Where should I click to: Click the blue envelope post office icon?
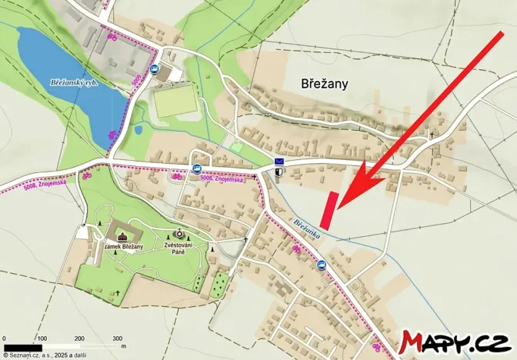[279, 162]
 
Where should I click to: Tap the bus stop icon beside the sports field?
[156, 69]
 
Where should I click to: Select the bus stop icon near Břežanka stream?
[322, 265]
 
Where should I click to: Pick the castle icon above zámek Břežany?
[122, 232]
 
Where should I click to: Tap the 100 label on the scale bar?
[42, 338]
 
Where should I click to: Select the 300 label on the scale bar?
[118, 338]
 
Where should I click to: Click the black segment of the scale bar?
[22, 347]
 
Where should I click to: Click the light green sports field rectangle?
[176, 102]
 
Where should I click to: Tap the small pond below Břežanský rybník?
[139, 129]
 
